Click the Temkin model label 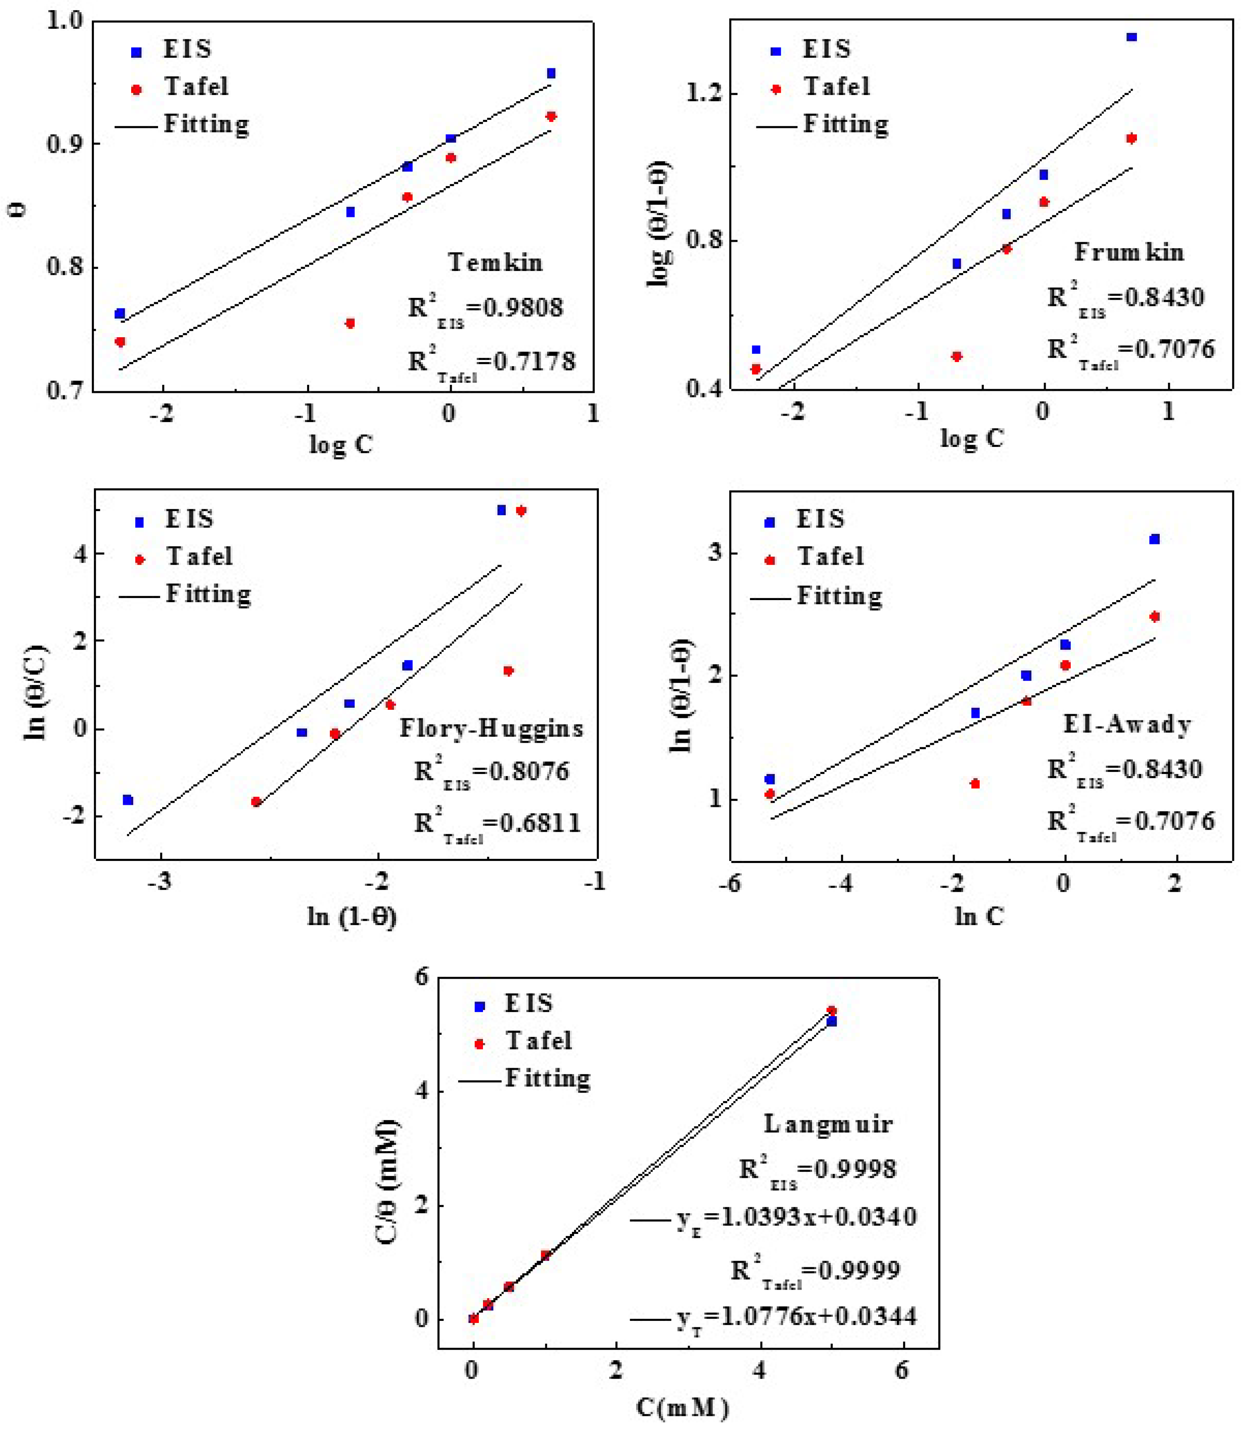[494, 262]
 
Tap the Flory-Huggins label [491, 729]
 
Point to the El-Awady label [1127, 724]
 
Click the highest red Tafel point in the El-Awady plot [1154, 616]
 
